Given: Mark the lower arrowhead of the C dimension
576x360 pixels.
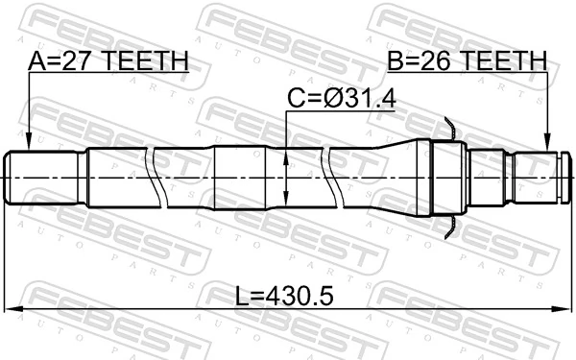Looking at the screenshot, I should (286, 200).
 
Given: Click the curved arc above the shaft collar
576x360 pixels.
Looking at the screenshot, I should (448, 125).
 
